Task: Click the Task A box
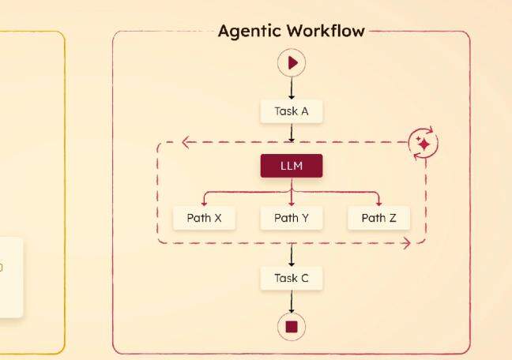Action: [292, 111]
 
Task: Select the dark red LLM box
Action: [292, 166]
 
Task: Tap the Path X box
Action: [204, 218]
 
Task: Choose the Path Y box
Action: [292, 218]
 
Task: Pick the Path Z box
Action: [378, 218]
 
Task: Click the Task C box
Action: [292, 278]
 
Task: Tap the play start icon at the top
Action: [292, 62]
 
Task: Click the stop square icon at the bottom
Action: [292, 326]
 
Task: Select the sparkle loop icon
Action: [424, 144]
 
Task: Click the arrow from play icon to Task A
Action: [292, 88]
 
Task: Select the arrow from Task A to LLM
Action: [292, 133]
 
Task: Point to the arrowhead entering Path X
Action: [204, 202]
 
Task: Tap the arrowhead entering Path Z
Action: [378, 202]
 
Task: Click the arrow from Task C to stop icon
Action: [292, 302]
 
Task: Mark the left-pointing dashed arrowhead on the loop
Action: [186, 143]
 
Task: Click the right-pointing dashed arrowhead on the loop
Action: [407, 243]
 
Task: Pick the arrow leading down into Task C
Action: [292, 254]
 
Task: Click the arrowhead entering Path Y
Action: [292, 202]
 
